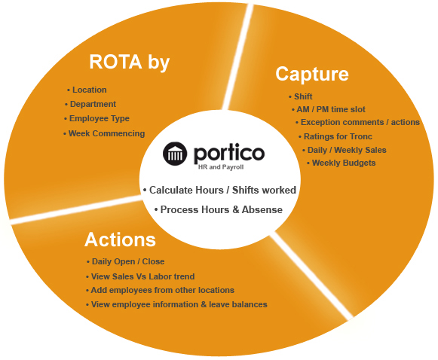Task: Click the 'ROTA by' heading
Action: [x=130, y=63]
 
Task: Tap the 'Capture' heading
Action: [x=312, y=75]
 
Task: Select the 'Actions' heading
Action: [x=120, y=239]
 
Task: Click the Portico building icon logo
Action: [x=175, y=154]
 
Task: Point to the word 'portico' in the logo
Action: [x=229, y=153]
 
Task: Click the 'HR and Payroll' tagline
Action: [x=221, y=167]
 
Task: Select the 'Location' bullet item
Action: [x=90, y=90]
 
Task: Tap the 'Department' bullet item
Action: [x=93, y=104]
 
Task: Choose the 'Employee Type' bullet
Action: [x=100, y=118]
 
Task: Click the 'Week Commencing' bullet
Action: [x=106, y=133]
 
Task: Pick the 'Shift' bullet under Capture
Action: [x=303, y=96]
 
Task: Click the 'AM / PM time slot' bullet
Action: [x=331, y=109]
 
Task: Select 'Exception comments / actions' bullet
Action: [x=360, y=122]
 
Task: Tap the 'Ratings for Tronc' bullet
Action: [x=338, y=136]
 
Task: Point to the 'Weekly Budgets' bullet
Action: [x=344, y=163]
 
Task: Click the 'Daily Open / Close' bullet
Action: [x=128, y=261]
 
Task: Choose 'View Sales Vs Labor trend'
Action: [x=142, y=276]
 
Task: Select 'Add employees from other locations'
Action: [x=163, y=290]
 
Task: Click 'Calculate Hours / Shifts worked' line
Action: [x=222, y=190]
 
